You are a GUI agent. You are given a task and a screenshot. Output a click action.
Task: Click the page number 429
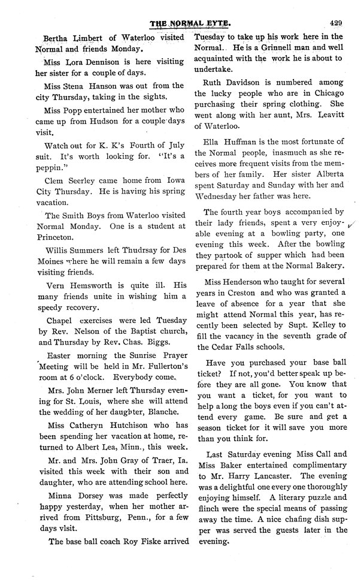(335, 23)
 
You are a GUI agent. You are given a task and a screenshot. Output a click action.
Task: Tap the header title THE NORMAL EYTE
(183, 25)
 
